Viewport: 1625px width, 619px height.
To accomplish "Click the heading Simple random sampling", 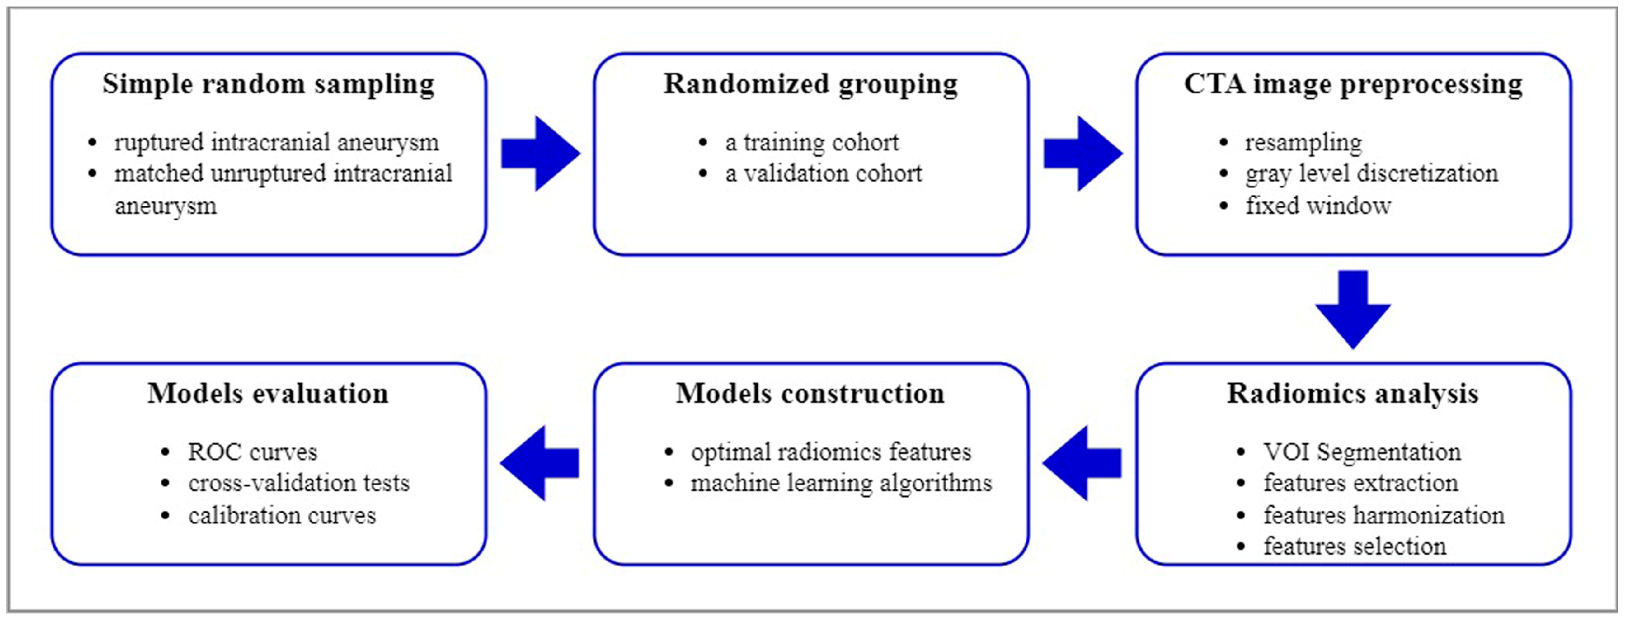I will [x=268, y=85].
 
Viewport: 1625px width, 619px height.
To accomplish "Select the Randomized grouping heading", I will [x=810, y=85].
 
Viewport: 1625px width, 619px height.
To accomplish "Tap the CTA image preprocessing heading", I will [x=1353, y=85].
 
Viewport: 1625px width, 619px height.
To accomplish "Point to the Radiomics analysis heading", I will [x=1352, y=394].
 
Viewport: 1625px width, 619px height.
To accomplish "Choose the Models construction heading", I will [x=810, y=394].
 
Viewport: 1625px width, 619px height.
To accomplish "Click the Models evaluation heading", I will [x=268, y=394].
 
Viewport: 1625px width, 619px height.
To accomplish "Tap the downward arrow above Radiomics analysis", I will [x=1353, y=309].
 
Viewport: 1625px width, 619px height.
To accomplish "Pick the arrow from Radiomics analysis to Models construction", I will [x=1082, y=463].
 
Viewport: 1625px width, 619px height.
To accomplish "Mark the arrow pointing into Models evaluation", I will [x=539, y=463].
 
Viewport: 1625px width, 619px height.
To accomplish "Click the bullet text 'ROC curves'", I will [x=252, y=452].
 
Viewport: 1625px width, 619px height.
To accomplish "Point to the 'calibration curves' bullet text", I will [x=282, y=516].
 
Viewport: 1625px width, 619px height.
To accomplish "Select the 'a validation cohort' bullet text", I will [x=823, y=173].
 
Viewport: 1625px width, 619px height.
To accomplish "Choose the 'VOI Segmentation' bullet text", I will [x=1362, y=452].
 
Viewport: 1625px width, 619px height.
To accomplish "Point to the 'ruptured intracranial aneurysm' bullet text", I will [x=277, y=142].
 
